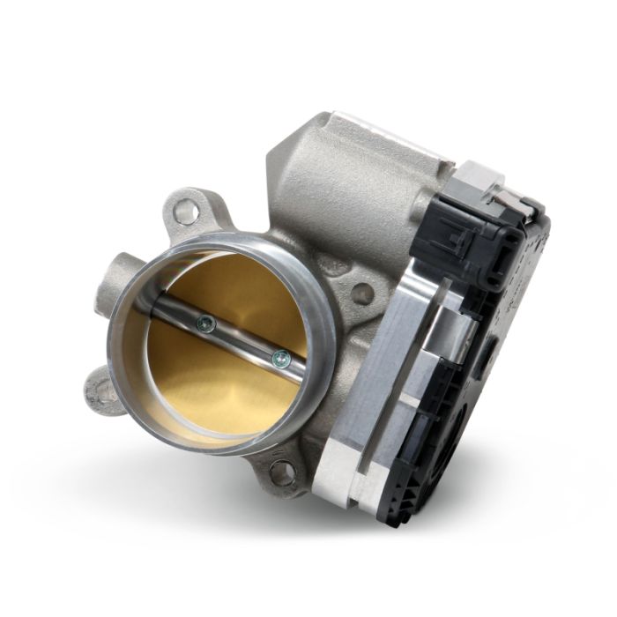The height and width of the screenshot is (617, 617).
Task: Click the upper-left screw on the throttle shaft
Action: click(x=206, y=325)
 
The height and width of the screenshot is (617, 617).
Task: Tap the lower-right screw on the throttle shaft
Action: click(x=280, y=357)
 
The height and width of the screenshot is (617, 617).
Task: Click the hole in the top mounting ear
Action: click(x=185, y=211)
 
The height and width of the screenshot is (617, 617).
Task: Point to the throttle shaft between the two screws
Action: click(x=243, y=341)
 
